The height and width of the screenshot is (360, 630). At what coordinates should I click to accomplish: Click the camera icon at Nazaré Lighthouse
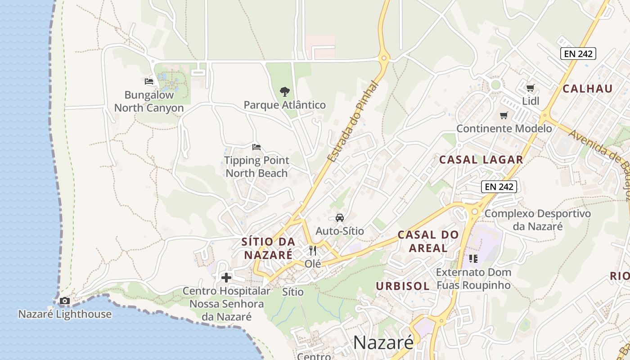coord(65,301)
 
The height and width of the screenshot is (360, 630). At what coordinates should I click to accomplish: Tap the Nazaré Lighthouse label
coord(65,314)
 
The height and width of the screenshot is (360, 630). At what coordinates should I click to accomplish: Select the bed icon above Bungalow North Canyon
coord(149,81)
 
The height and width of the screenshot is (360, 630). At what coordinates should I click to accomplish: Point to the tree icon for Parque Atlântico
coord(284,92)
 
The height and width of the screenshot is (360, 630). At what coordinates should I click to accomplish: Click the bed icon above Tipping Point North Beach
coord(256,147)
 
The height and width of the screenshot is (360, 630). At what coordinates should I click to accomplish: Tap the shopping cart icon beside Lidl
coord(531,88)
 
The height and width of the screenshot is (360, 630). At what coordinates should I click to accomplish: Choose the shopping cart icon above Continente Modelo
coord(504,116)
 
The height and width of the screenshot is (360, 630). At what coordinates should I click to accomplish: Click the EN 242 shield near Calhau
coord(578,54)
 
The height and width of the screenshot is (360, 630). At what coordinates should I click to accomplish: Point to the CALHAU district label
coord(588,89)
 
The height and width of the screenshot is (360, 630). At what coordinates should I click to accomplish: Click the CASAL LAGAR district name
coord(481,160)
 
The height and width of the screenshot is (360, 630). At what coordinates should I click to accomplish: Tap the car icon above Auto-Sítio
coord(340,218)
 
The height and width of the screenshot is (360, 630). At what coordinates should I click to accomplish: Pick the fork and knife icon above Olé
coord(313,251)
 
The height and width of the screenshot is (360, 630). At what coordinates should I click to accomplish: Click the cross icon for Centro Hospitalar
coord(226,278)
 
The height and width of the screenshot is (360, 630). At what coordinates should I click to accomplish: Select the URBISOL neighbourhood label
coord(403,286)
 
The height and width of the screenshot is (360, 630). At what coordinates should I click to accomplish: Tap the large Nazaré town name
coord(383,342)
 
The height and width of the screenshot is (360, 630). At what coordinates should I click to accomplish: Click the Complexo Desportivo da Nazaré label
coord(538,220)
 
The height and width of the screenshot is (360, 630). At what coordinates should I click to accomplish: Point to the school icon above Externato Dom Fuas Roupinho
coord(473,259)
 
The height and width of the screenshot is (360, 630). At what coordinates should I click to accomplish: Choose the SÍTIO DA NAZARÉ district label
coord(268,248)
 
